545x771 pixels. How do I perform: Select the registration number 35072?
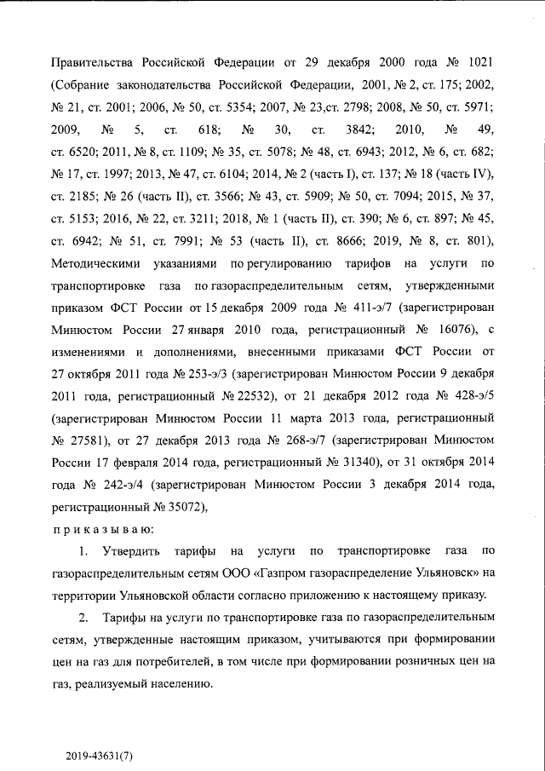[x=181, y=507]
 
